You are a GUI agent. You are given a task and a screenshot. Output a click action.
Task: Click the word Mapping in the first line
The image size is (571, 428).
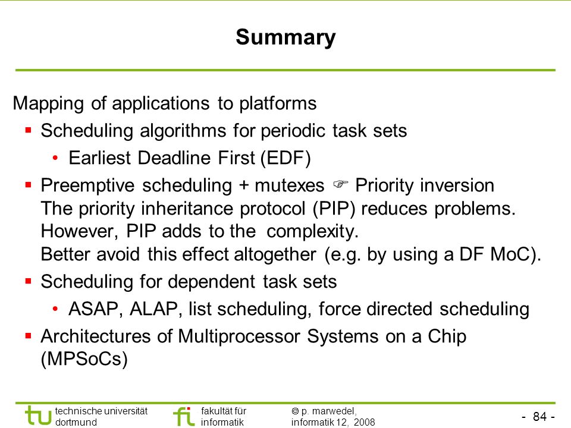click(x=48, y=103)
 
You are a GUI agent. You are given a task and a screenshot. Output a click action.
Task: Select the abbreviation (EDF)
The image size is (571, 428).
click(x=286, y=158)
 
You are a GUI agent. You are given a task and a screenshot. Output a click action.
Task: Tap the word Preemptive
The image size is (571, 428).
click(x=87, y=185)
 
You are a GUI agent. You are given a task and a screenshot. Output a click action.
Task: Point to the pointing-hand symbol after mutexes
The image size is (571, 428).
click(x=340, y=184)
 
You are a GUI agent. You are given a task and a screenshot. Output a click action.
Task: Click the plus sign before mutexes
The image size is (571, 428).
click(x=244, y=186)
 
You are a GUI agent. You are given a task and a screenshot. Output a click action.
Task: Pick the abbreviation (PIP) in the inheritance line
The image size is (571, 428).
click(x=334, y=209)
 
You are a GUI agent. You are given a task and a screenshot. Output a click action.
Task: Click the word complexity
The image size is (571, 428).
click(x=312, y=232)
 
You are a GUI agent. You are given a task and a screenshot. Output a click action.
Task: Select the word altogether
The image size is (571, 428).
click(x=275, y=254)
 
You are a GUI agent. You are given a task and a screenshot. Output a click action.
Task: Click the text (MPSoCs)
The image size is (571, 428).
click(x=84, y=359)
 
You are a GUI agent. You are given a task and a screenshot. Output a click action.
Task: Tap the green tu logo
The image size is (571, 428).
click(x=38, y=416)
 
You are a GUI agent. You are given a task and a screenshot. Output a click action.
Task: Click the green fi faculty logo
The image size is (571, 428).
click(x=184, y=416)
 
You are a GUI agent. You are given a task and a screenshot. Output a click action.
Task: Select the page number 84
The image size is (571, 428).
click(x=540, y=416)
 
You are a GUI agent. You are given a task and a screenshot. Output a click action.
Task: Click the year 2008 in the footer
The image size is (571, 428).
click(x=364, y=422)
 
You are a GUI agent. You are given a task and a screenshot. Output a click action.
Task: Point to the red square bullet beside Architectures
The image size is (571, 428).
click(x=29, y=335)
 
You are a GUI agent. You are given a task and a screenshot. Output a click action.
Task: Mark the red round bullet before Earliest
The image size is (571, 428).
click(x=55, y=158)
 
